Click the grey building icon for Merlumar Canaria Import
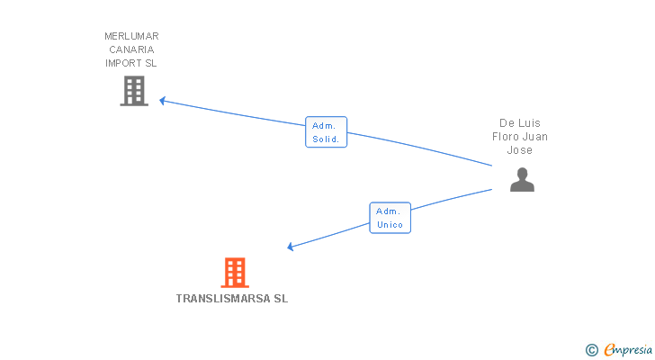pyautogui.click(x=134, y=91)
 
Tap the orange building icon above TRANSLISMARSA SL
pyautogui.click(x=234, y=272)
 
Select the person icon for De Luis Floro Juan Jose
pyautogui.click(x=522, y=179)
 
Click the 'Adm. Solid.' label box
pyautogui.click(x=326, y=132)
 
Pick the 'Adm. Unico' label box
pyautogui.click(x=390, y=218)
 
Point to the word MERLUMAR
pyautogui.click(x=131, y=36)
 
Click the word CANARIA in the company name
pyautogui.click(x=131, y=49)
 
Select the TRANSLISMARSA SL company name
pyautogui.click(x=232, y=298)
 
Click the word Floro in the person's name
pyautogui.click(x=507, y=137)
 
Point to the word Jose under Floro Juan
pyautogui.click(x=520, y=150)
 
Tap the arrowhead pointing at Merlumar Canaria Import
pyautogui.click(x=163, y=100)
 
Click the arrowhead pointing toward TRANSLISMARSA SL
pyautogui.click(x=291, y=247)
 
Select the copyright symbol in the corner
pyautogui.click(x=591, y=350)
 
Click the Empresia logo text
pyautogui.click(x=627, y=350)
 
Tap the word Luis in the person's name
pyautogui.click(x=531, y=123)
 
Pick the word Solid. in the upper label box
pyautogui.click(x=326, y=139)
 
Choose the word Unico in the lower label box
pyautogui.click(x=390, y=225)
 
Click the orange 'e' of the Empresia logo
pyautogui.click(x=608, y=350)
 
